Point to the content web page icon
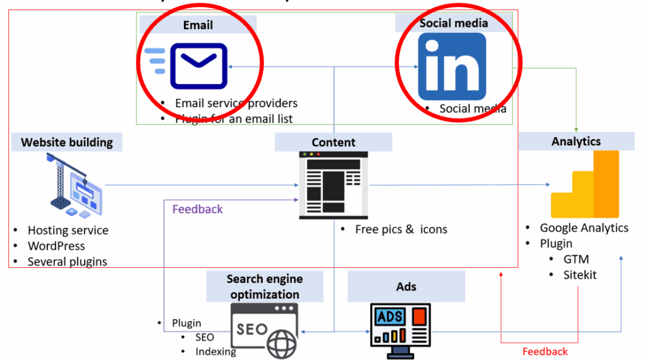point(333,186)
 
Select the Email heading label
point(198,25)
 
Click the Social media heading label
point(454,23)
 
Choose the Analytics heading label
point(576,141)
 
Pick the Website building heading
point(67,142)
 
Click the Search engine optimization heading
point(265,286)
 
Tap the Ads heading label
point(406,287)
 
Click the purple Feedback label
point(197,209)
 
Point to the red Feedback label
point(545,351)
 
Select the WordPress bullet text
point(56,246)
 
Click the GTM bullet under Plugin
point(576,259)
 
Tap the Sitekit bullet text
point(580,275)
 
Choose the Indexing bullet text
point(215,351)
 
